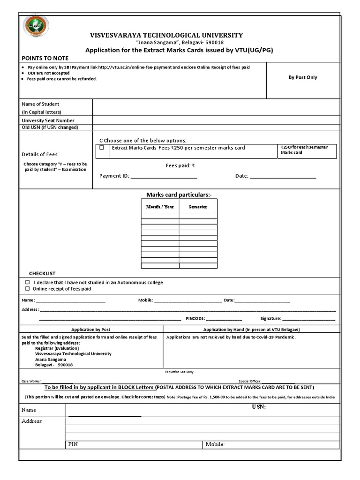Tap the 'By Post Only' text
[303, 77]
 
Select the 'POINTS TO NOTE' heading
[45, 58]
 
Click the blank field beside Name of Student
[216, 107]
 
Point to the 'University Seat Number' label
[48, 120]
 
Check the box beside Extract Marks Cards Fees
[102, 148]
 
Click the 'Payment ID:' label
[114, 176]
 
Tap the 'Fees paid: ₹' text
[180, 165]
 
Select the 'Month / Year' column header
[160, 206]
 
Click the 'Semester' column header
[198, 206]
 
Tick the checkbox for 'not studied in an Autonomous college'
[27, 283]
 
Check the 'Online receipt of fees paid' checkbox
[27, 289]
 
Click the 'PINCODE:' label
[195, 319]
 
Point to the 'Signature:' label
[270, 319]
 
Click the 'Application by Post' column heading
[90, 330]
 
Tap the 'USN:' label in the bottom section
[258, 407]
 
